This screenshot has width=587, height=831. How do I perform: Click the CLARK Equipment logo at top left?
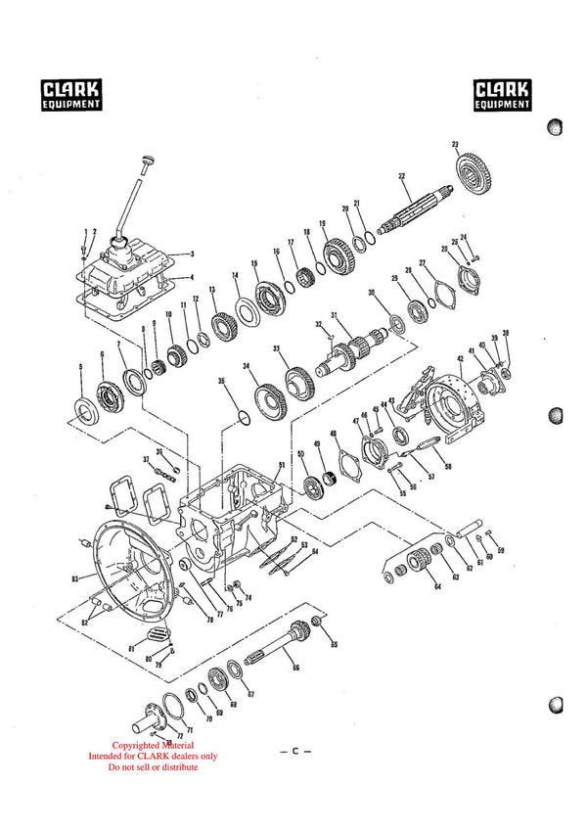click(x=71, y=94)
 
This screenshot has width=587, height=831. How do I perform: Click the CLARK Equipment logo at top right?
click(x=503, y=94)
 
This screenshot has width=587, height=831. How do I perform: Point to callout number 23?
click(x=455, y=144)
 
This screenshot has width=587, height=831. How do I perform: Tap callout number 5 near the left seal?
click(x=80, y=368)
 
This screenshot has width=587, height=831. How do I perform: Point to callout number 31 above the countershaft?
click(x=334, y=315)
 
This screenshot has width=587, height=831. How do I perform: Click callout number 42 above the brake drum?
click(x=460, y=359)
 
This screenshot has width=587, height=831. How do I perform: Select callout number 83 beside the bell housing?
click(x=74, y=579)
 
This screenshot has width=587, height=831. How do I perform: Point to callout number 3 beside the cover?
click(x=192, y=254)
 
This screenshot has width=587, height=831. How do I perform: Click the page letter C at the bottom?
click(x=294, y=752)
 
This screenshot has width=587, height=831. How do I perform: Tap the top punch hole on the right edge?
click(x=556, y=126)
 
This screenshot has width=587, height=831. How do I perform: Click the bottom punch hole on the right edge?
click(x=556, y=706)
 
